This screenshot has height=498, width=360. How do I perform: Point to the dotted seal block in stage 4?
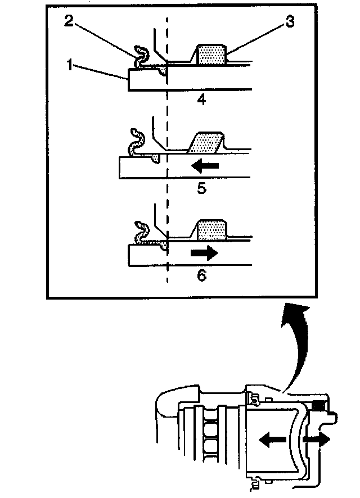click(x=210, y=55)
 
